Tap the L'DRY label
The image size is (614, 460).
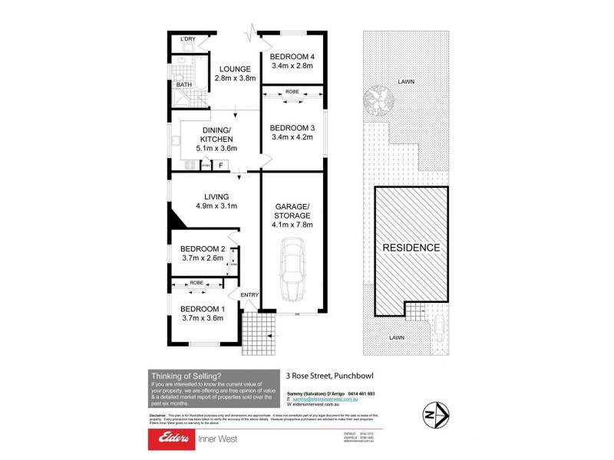point(187,39)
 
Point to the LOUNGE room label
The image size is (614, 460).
point(233,68)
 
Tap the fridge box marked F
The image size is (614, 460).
point(221,164)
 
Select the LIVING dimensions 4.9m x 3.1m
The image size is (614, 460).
point(216,205)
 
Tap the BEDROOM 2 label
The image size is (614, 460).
point(202,248)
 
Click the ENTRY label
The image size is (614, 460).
point(250,295)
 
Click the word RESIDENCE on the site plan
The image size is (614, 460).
point(412,248)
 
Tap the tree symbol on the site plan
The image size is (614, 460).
point(380,102)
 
